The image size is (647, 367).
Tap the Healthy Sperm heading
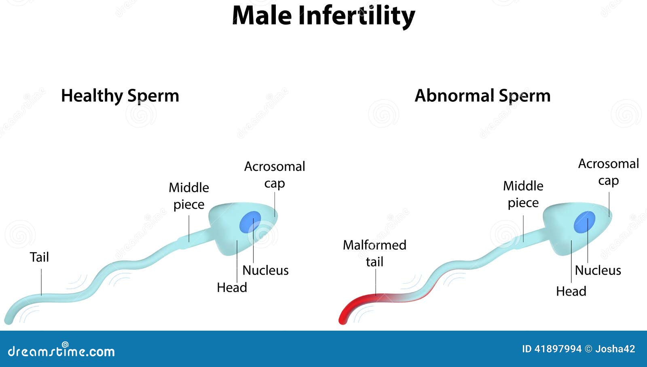pyautogui.click(x=120, y=96)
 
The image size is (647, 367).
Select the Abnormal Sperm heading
pyautogui.click(x=483, y=96)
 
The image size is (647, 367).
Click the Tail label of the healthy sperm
pyautogui.click(x=39, y=257)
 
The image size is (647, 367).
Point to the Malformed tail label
pyautogui.click(x=374, y=254)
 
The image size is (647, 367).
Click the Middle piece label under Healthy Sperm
pyautogui.click(x=189, y=196)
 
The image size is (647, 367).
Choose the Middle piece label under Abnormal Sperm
pyautogui.click(x=523, y=194)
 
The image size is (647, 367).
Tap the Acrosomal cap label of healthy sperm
pyautogui.click(x=275, y=175)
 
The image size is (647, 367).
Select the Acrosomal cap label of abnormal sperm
pyautogui.click(x=609, y=172)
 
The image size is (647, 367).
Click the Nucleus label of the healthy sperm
pyautogui.click(x=265, y=271)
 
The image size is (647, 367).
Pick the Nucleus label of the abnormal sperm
pyautogui.click(x=598, y=271)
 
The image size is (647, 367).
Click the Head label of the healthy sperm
pyautogui.click(x=232, y=288)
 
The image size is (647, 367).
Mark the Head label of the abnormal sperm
pyautogui.click(x=571, y=292)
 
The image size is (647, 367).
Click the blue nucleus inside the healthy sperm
pyautogui.click(x=250, y=222)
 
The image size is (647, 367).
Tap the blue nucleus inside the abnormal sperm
pyautogui.click(x=585, y=222)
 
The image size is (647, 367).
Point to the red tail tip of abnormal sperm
pyautogui.click(x=343, y=321)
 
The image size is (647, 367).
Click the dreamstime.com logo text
pyautogui.click(x=61, y=351)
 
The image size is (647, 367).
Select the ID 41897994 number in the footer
pyautogui.click(x=552, y=349)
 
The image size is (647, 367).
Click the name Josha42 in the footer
pyautogui.click(x=615, y=349)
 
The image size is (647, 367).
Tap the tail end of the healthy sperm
pyautogui.click(x=8, y=321)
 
